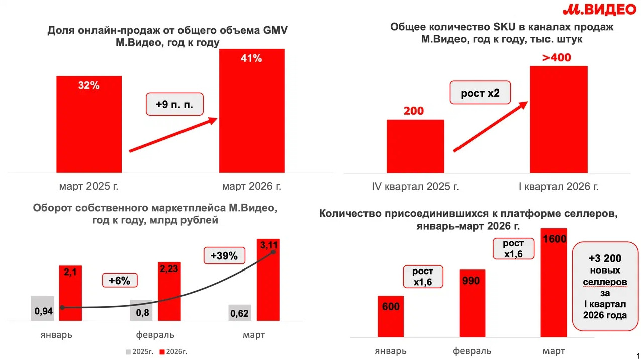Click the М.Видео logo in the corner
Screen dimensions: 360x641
(598, 11)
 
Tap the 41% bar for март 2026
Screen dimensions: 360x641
(251, 111)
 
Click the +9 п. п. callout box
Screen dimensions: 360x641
(174, 105)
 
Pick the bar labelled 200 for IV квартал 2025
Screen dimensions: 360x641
(415, 146)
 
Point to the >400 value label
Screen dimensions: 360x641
(557, 58)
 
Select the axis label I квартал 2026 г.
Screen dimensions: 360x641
(559, 187)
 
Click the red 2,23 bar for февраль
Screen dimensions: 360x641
(169, 292)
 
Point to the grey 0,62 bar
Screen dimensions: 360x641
(239, 312)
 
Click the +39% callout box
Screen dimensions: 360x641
(224, 255)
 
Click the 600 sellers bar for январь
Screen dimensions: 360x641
(390, 317)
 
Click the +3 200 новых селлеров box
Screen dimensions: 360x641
(605, 287)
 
